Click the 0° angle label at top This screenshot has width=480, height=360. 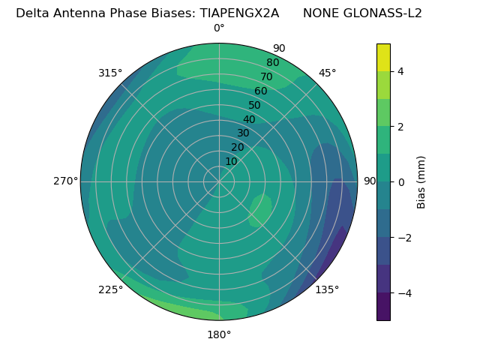[219, 28]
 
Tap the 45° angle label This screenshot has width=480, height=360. [328, 73]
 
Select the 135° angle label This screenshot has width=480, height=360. [327, 289]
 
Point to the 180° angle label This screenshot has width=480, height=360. [219, 334]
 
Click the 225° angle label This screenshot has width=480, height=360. [110, 290]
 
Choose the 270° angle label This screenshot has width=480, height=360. [65, 181]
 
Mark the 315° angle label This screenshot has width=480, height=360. [110, 73]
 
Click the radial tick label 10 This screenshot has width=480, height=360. [231, 161]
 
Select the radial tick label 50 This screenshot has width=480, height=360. [254, 106]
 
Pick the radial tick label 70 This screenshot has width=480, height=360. [266, 76]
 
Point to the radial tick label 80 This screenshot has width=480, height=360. [272, 63]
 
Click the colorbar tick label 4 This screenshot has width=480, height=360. [401, 71]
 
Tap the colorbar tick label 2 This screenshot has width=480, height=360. [401, 127]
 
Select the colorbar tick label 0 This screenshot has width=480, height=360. [401, 182]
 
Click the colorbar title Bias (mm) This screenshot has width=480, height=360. [421, 182]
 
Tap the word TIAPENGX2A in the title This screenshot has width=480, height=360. [239, 13]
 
